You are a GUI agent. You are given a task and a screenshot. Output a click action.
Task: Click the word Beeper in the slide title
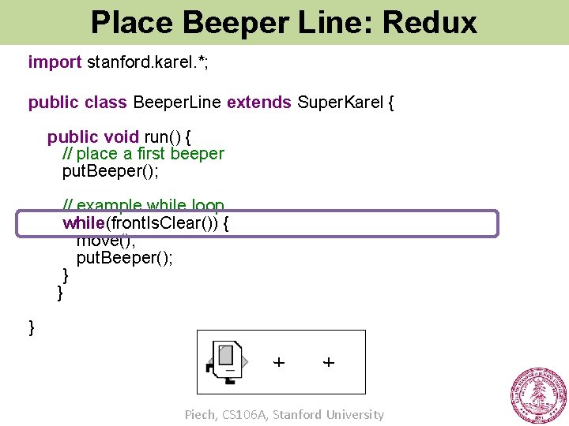(223, 22)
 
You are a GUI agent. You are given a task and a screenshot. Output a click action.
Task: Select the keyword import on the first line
(55, 62)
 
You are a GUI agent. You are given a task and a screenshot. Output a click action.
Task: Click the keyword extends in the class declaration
(258, 103)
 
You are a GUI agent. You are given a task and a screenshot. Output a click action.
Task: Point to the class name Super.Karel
(340, 103)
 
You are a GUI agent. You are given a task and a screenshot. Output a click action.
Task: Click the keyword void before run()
(122, 137)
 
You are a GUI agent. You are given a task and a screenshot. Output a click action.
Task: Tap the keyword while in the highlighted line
(84, 223)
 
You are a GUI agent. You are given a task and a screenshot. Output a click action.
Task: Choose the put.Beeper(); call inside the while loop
(124, 258)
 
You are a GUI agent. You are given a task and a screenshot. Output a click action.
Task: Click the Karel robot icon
(228, 362)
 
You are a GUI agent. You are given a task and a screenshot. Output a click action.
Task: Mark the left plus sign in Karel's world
(279, 362)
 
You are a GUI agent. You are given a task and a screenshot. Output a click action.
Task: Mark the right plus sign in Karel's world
(329, 362)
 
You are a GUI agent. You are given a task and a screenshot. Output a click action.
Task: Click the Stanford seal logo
(538, 396)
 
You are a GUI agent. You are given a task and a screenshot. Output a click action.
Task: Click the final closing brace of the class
(32, 327)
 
